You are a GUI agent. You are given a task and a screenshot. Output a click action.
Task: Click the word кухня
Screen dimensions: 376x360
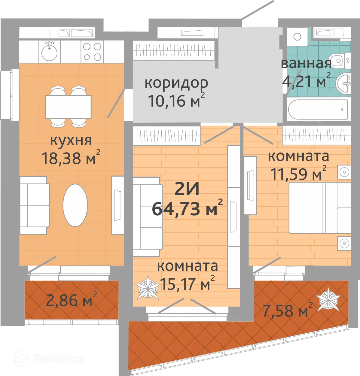71,141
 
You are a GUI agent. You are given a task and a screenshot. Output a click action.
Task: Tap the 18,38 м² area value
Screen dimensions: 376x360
71,158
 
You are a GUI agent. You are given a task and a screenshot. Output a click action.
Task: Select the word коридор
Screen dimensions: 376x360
176,83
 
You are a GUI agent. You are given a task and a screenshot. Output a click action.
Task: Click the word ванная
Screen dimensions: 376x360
306,63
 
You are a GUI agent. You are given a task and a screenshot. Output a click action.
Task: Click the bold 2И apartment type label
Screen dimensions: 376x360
187,189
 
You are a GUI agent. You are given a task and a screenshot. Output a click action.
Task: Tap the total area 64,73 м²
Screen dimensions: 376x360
187,208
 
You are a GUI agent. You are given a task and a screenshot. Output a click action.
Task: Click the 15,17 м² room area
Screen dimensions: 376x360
187,283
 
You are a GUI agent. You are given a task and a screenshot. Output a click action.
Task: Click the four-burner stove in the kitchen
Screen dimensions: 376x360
92,52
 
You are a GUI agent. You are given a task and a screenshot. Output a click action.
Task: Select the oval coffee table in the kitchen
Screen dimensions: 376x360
75,205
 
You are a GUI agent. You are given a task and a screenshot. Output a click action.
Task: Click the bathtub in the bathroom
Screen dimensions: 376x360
318,109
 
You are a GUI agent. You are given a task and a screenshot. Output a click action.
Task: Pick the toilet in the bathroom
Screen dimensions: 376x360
340,61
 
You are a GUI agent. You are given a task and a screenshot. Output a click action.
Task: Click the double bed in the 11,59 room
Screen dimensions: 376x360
319,208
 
